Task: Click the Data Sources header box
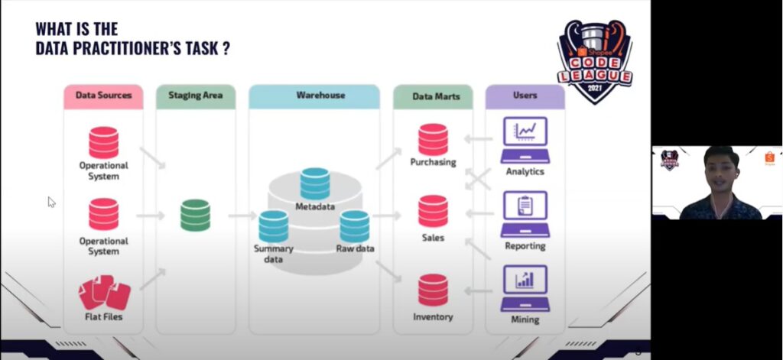103,96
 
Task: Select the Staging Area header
195,96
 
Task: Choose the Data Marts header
433,96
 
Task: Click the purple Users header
525,96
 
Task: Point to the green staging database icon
195,215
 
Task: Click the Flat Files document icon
104,293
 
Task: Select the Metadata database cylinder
315,183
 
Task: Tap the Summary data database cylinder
273,226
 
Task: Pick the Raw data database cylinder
355,225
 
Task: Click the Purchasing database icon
433,139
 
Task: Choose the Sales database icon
433,212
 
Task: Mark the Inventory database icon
433,290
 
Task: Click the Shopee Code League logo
594,61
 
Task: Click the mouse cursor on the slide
51,202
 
